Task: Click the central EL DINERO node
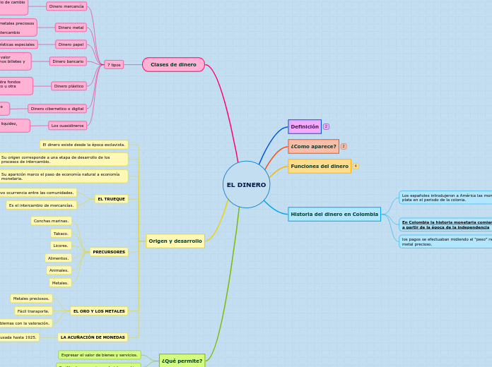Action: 246,185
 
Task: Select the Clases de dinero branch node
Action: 173,65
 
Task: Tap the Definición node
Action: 305,126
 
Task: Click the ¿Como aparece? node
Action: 313,146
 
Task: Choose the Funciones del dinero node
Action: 320,167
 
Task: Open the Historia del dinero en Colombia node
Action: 334,214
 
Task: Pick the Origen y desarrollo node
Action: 175,241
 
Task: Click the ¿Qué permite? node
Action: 182,361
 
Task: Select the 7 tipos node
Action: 114,65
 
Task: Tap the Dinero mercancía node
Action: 66,6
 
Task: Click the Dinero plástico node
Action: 69,86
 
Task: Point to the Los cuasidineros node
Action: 68,126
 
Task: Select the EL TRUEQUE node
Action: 112,199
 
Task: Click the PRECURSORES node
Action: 109,252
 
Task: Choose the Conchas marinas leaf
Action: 52,221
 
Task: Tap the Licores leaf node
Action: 61,246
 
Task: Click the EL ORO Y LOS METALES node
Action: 99,311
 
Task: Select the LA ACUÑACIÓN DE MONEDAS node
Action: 93,337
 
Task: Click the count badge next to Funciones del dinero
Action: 356,167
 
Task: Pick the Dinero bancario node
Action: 68,61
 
